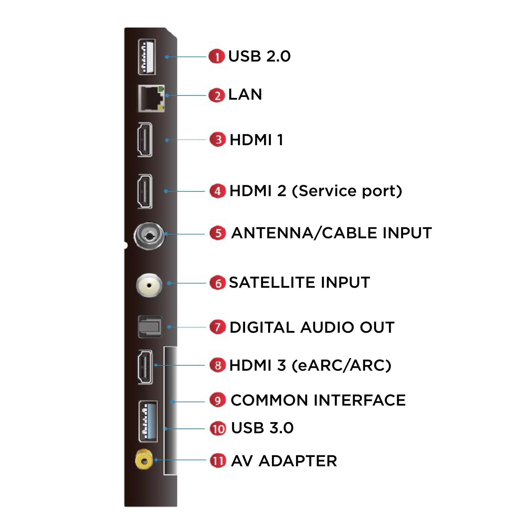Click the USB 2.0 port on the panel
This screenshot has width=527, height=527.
pos(147,57)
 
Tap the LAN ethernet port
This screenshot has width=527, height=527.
pos(151,99)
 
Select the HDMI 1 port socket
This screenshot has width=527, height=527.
pos(145,140)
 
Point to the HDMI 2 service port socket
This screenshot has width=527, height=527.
pos(145,192)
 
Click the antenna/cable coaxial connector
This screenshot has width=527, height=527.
pos(149,236)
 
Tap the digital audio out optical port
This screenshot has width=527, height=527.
pos(150,327)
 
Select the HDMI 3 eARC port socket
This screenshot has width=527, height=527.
pos(145,367)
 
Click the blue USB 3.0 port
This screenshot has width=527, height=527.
pos(148,422)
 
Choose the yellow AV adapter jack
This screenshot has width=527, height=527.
pos(144,461)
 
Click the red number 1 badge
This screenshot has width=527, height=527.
pos(217,56)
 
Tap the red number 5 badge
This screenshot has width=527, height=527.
pos(218,233)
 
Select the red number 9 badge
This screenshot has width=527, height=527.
pos(218,401)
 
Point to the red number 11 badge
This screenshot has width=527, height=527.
pos(218,461)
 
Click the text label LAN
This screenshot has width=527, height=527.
pos(245,95)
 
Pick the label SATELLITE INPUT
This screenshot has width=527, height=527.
pos(299,282)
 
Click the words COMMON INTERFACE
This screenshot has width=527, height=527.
pos(318,401)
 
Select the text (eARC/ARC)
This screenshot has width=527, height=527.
pos(341,365)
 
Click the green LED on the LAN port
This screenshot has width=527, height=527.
pos(161,89)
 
